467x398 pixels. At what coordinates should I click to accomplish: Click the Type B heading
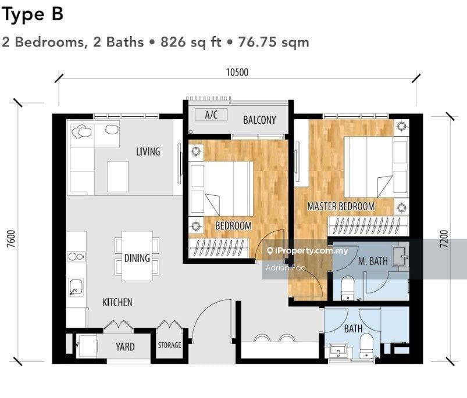pyautogui.click(x=33, y=15)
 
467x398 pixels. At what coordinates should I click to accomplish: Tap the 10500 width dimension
pyautogui.click(x=237, y=73)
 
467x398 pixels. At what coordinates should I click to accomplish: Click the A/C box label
pyautogui.click(x=211, y=115)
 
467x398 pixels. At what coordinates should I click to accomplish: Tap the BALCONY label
pyautogui.click(x=259, y=120)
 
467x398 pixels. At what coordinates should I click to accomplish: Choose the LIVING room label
pyautogui.click(x=148, y=152)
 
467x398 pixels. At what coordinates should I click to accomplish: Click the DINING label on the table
pyautogui.click(x=137, y=258)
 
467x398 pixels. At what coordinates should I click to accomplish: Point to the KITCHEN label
pyautogui.click(x=117, y=302)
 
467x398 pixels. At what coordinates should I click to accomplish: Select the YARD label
pyautogui.click(x=124, y=347)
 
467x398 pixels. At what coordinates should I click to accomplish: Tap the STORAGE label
pyautogui.click(x=170, y=345)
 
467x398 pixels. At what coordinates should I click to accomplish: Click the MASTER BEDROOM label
pyautogui.click(x=341, y=206)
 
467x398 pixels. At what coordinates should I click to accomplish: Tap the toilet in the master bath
pyautogui.click(x=348, y=288)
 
